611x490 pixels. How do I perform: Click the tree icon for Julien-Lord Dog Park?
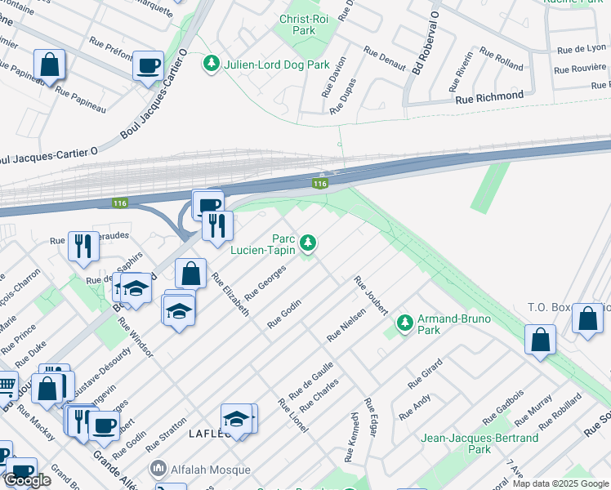[212, 63]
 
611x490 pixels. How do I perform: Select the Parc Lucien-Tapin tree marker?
[308, 242]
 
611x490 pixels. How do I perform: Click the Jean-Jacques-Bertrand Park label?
[479, 443]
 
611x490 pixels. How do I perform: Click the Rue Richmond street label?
[489, 96]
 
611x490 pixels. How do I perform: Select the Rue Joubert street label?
[371, 295]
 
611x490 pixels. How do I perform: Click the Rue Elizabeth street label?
[230, 294]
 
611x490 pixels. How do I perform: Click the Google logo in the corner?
[28, 480]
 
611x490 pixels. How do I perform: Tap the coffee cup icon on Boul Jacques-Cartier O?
[148, 65]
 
